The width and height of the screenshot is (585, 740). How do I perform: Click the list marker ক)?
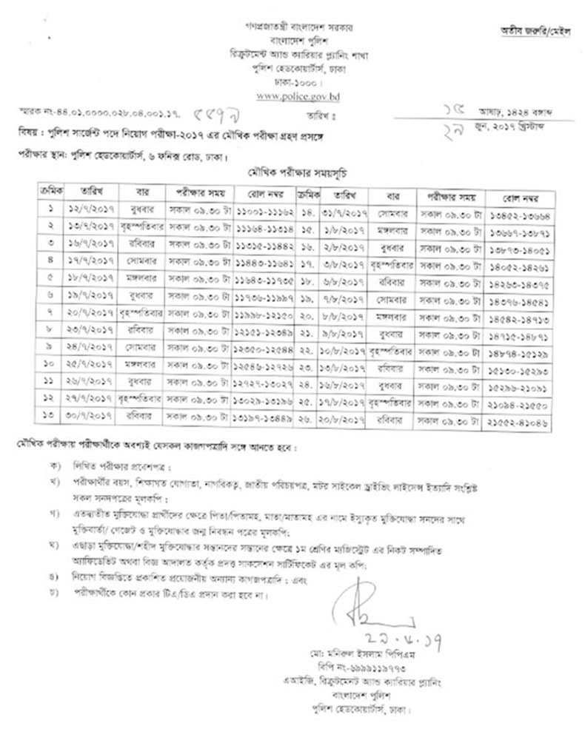pyautogui.click(x=53, y=467)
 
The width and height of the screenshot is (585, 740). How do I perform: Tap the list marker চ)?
pyautogui.click(x=53, y=595)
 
